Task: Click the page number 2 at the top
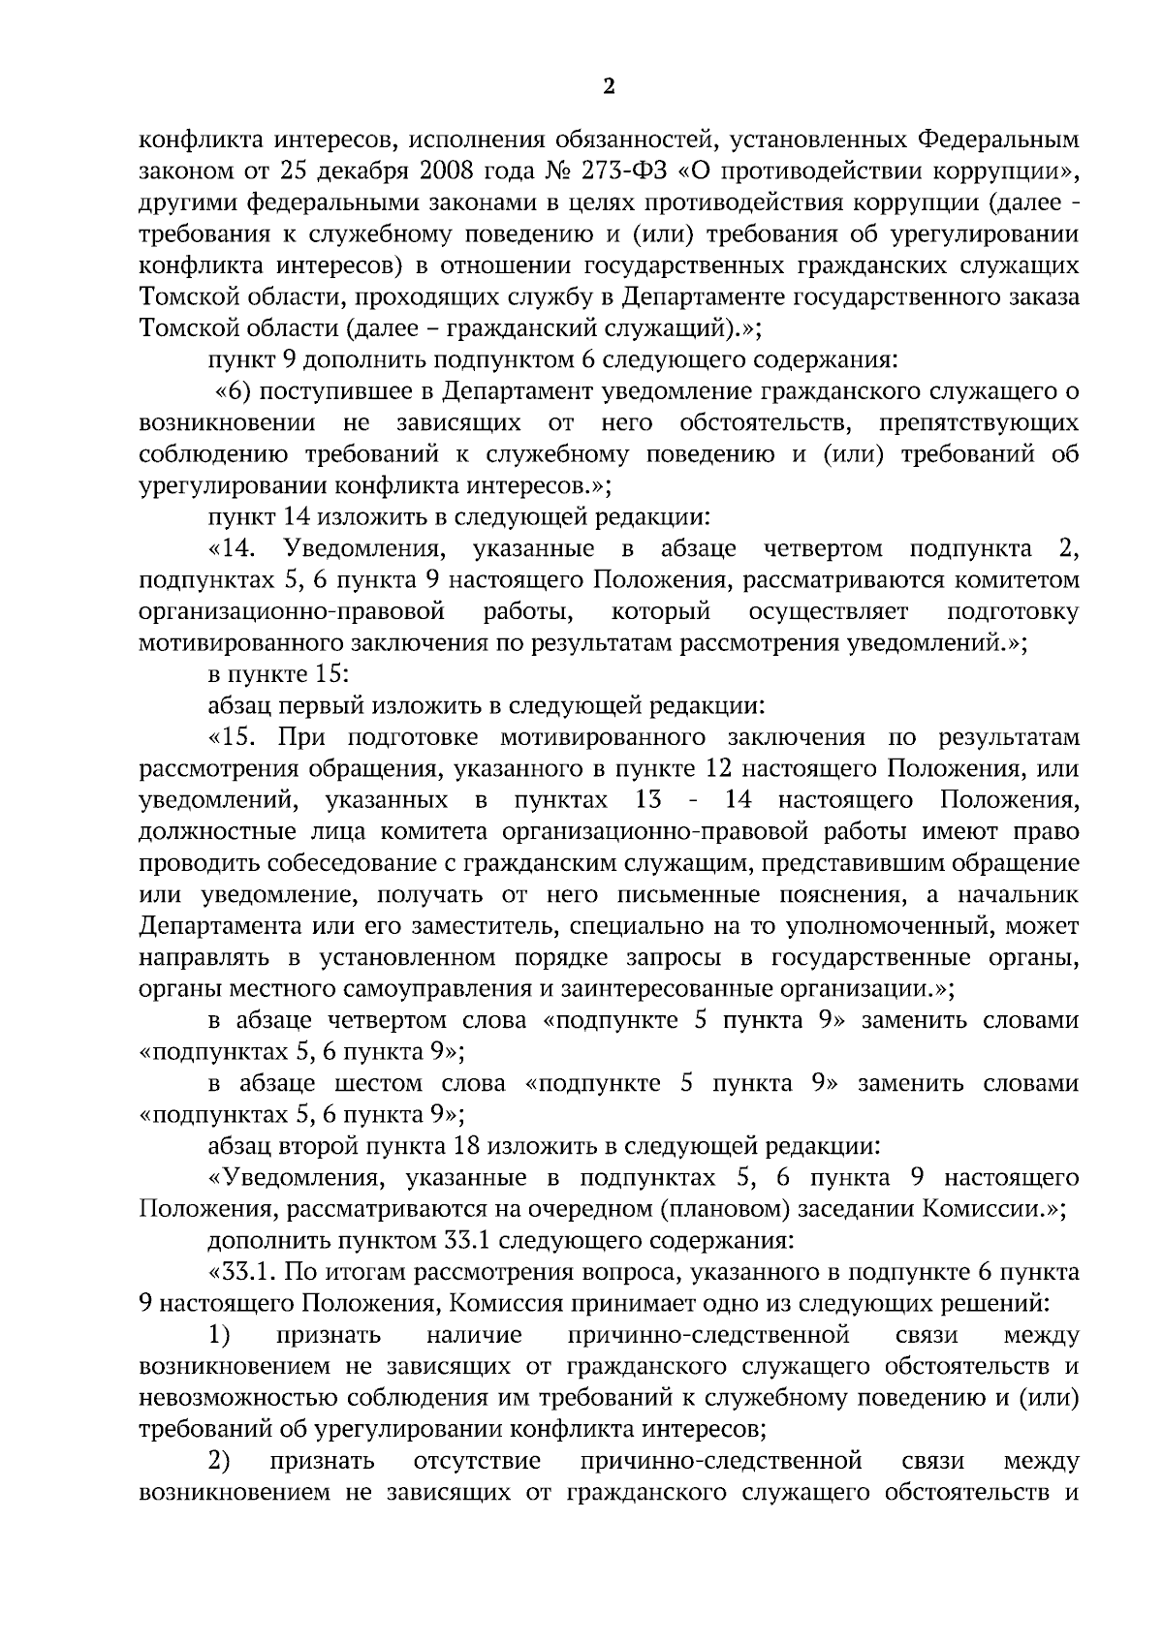609,87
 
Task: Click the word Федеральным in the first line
997,141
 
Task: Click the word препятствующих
979,423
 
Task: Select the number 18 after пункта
464,1146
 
